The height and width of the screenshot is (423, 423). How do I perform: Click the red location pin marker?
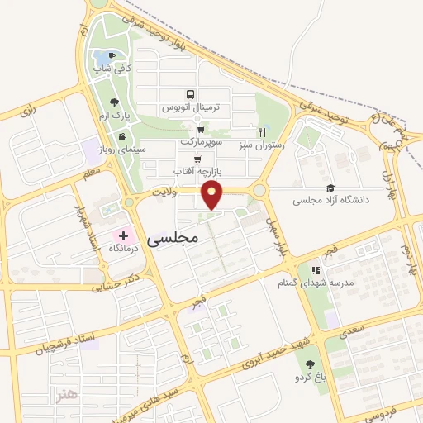[213, 195]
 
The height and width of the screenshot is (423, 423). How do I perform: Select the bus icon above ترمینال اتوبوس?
[191, 95]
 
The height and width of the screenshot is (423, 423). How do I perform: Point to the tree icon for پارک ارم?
[113, 102]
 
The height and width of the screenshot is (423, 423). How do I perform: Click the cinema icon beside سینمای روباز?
[122, 136]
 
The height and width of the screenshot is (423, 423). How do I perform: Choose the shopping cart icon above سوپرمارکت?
[200, 130]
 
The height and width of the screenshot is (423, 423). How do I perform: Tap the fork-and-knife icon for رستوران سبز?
[262, 131]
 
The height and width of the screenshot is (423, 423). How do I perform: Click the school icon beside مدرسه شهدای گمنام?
[315, 269]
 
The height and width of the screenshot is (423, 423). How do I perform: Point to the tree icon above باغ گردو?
[310, 364]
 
